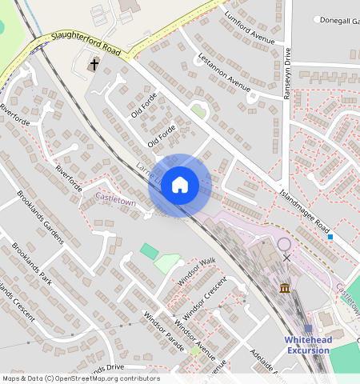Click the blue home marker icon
coord(180,185)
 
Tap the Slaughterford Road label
coord(85,43)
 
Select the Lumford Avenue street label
coord(250,30)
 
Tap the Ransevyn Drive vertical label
coord(287,73)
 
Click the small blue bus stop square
coord(330,237)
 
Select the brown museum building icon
coord(285,287)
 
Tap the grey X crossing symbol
coord(287,258)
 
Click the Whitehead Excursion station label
coord(307,345)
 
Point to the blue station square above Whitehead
coord(308,329)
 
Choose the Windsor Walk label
coord(197,266)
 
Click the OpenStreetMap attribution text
coord(80,378)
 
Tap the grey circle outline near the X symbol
coord(285,244)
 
